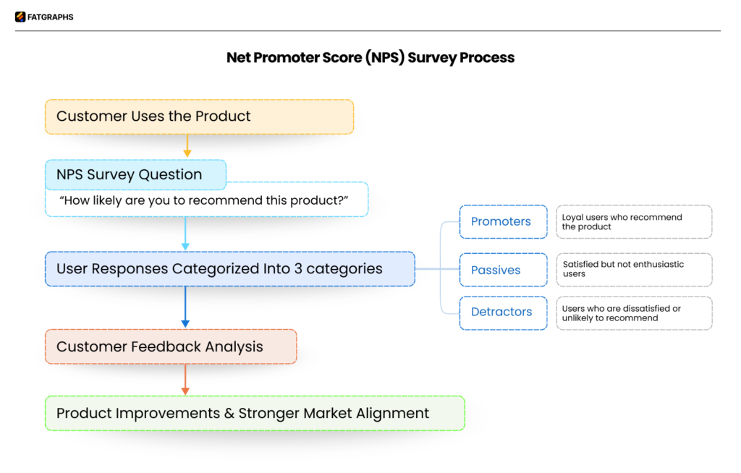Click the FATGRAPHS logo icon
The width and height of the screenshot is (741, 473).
tap(20, 17)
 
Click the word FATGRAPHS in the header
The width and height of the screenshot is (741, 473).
tap(51, 17)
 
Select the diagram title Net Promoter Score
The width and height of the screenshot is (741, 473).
tap(370, 58)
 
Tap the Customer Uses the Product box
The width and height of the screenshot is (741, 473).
tap(199, 116)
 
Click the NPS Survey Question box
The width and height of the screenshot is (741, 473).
tap(135, 174)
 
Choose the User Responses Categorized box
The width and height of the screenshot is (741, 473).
tap(229, 269)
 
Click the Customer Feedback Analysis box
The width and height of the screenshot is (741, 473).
tap(171, 346)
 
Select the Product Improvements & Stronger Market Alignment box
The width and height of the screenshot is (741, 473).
tap(255, 413)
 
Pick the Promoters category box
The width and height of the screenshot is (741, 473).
tap(503, 221)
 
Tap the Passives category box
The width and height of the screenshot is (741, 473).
tap(503, 270)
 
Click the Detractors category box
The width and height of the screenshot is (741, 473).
tap(503, 312)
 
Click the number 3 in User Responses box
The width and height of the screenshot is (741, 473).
tap(297, 269)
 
